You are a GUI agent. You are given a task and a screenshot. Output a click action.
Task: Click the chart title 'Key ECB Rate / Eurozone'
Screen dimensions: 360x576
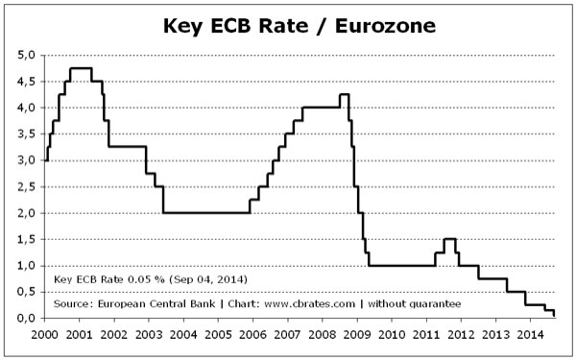288,23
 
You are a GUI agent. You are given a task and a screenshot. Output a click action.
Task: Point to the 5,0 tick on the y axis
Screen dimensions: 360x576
26,55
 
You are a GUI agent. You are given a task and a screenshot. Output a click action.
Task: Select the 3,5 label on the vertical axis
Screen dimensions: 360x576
26,133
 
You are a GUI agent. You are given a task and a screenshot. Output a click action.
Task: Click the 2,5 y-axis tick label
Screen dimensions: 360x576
26,186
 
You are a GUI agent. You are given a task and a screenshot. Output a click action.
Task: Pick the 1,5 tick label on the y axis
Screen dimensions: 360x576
26,239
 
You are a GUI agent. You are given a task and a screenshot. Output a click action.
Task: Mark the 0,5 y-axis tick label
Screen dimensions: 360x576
26,292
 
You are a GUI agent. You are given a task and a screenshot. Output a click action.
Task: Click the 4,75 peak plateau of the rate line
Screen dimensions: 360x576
81,68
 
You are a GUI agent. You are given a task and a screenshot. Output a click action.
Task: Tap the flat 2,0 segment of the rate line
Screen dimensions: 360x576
206,212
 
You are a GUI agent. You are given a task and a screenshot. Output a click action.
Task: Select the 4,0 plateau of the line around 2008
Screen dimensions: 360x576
321,108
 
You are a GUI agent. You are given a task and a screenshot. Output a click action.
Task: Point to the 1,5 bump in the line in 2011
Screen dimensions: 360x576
449,239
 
